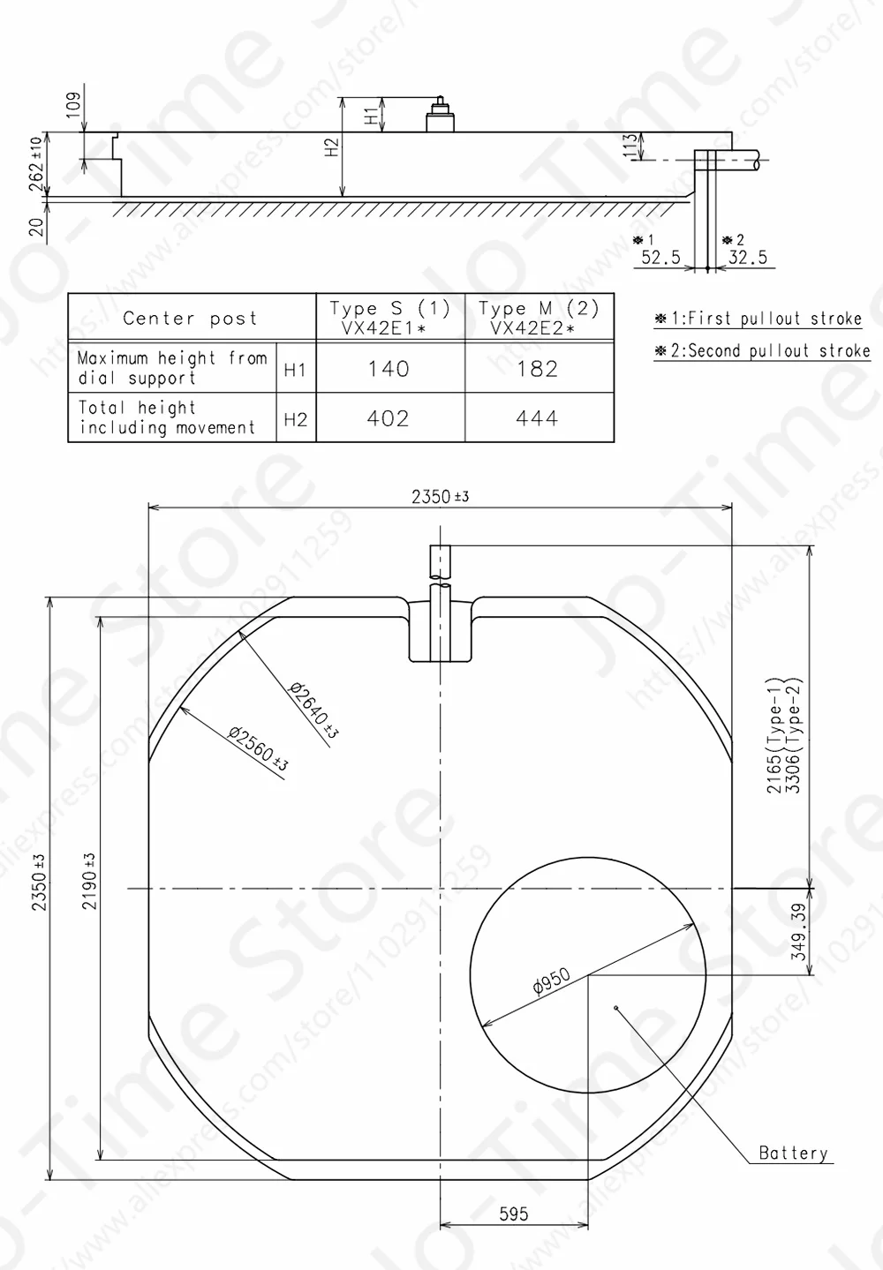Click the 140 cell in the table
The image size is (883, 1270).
click(389, 369)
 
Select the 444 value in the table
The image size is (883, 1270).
click(537, 418)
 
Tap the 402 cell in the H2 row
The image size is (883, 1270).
click(388, 418)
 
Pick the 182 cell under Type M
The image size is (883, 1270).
click(537, 369)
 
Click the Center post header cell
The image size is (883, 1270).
click(190, 318)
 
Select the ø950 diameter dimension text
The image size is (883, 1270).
click(552, 981)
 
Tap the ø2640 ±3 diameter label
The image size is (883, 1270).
click(313, 710)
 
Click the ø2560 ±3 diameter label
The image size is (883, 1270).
click(259, 748)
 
